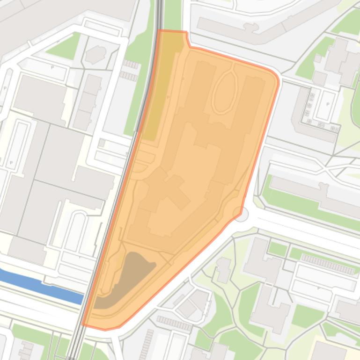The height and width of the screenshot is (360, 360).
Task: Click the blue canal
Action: click(42, 283)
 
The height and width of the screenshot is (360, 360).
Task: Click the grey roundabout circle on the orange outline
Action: click(241, 214)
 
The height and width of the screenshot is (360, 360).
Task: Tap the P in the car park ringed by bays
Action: click(328, 104)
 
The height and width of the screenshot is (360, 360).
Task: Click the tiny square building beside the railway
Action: click(102, 143)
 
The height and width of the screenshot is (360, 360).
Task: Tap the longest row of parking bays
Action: click(327, 264)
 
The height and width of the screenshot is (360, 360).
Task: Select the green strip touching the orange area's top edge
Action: click(172, 14)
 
